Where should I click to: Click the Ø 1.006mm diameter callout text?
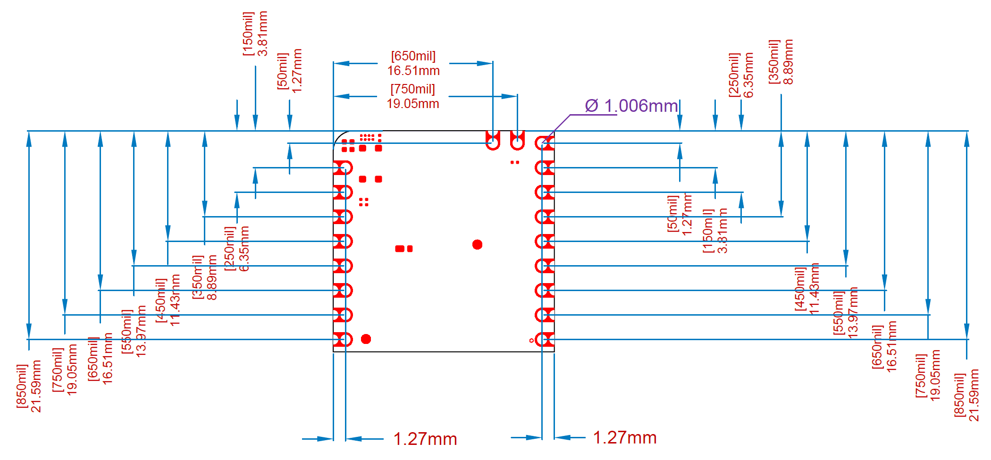tap(631, 106)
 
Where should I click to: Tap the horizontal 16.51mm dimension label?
tap(413, 71)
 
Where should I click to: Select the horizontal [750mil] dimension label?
tap(412, 89)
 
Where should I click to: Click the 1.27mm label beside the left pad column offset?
tap(425, 439)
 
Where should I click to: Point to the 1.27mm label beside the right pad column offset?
tap(624, 437)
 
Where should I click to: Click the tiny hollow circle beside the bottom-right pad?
tap(532, 340)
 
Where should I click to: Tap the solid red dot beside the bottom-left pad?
tap(366, 339)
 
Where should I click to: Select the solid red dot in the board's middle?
tap(477, 244)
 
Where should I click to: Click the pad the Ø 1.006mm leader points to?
tap(543, 142)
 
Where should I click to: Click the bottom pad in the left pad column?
tap(343, 339)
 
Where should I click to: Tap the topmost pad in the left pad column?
tap(343, 167)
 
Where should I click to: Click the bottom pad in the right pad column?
tap(545, 339)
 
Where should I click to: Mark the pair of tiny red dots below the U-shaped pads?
tap(515, 162)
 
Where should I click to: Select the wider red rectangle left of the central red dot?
tap(400, 249)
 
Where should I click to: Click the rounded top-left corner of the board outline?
tap(339, 137)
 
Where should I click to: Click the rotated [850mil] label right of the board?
tap(959, 395)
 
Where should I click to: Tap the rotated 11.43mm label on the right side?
tap(814, 289)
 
